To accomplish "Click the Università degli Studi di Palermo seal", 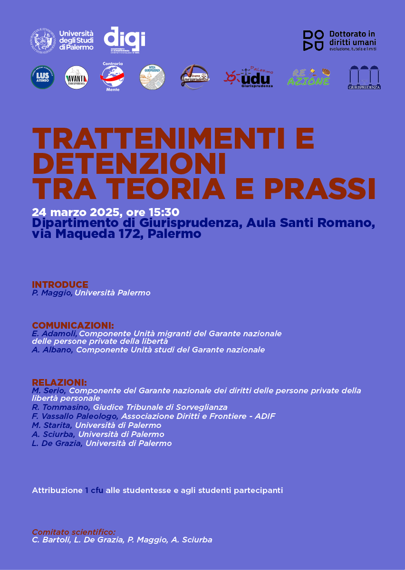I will (x=43, y=39).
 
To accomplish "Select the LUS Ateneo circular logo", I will (x=43, y=77).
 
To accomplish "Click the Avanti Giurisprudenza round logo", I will (x=77, y=77).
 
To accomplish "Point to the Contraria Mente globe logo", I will (x=113, y=76).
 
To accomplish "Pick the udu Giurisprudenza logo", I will (x=249, y=77).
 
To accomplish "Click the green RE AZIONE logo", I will (x=308, y=77).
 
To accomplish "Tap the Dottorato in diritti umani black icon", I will (x=313, y=40).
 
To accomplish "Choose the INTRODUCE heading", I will (x=60, y=285).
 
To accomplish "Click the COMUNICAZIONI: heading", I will (x=73, y=325).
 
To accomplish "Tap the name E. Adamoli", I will (x=54, y=333).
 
